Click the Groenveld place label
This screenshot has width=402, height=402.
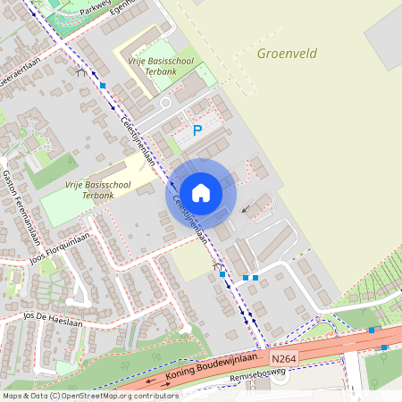[x=287, y=53]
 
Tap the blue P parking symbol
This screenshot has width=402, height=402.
[x=197, y=130]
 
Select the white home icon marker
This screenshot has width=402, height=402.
[x=201, y=192]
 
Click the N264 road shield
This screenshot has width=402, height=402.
[x=285, y=354]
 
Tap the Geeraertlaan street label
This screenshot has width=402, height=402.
[x=18, y=73]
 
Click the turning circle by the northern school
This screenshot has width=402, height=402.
[x=165, y=103]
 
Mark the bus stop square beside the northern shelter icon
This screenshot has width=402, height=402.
[x=103, y=85]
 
